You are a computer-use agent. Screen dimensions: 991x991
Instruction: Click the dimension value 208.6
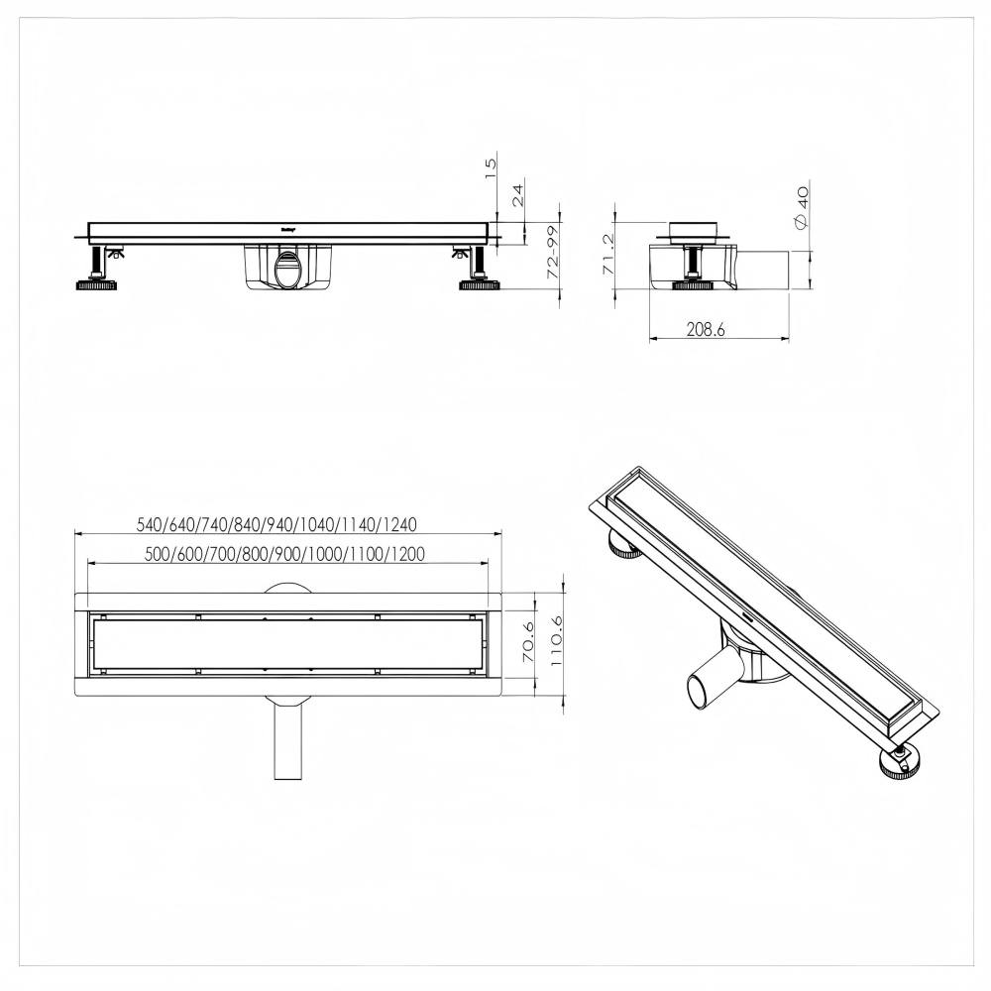(x=706, y=330)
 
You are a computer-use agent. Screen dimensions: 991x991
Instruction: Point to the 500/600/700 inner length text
(x=284, y=554)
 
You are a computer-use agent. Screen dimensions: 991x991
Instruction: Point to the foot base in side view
(x=695, y=285)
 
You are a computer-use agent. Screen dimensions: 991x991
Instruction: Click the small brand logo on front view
(x=290, y=228)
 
